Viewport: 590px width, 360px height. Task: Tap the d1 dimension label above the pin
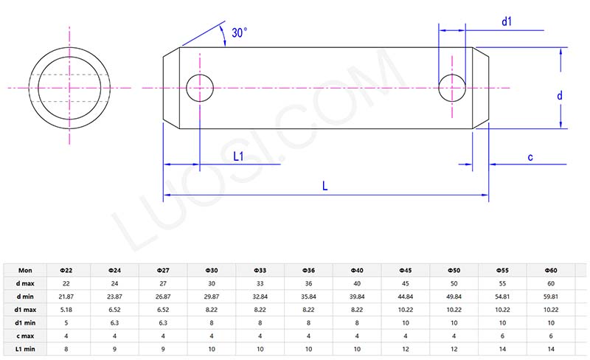(x=507, y=22)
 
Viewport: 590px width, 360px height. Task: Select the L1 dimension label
(x=239, y=156)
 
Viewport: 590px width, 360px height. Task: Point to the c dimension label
(x=530, y=156)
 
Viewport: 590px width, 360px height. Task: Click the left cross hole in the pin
(x=200, y=88)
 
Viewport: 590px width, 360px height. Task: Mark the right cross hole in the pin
(x=452, y=88)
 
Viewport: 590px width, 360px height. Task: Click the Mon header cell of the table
(x=24, y=271)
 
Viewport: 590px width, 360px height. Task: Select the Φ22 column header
(x=66, y=271)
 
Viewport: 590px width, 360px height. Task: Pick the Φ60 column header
(x=551, y=271)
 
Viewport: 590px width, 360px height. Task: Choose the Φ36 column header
(x=309, y=271)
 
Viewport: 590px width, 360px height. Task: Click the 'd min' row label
(x=24, y=296)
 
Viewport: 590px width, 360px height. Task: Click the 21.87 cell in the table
(x=66, y=296)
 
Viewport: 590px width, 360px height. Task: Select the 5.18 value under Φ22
(x=66, y=308)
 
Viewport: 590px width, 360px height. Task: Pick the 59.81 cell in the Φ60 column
(x=551, y=296)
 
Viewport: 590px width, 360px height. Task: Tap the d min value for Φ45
(x=406, y=296)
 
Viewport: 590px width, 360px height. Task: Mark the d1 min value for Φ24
(x=114, y=321)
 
